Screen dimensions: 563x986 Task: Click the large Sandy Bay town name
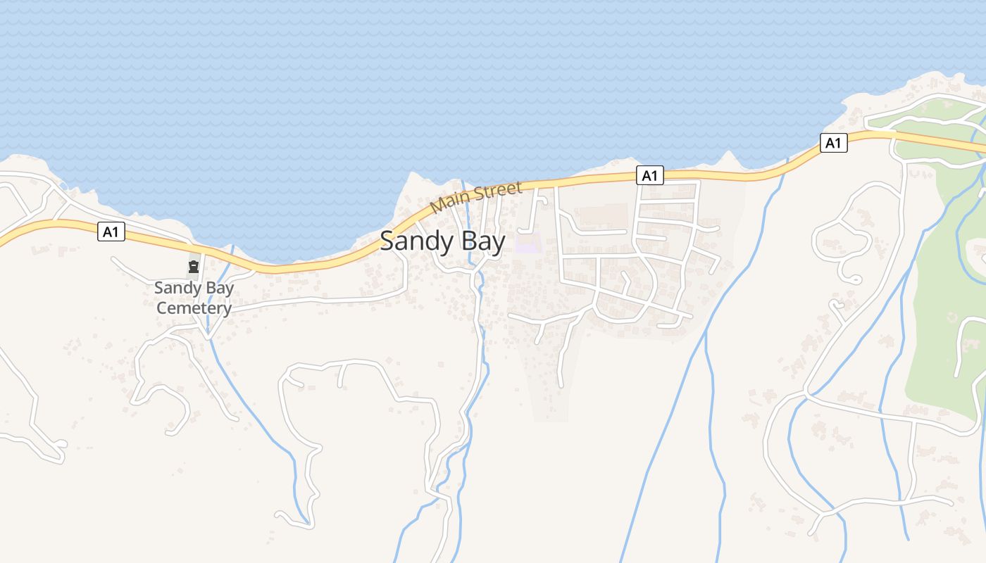tap(442, 241)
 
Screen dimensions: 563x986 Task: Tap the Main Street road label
tap(476, 196)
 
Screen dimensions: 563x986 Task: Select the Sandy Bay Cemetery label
tap(194, 298)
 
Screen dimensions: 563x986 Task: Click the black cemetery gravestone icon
tap(193, 267)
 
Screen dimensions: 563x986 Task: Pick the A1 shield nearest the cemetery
tap(111, 232)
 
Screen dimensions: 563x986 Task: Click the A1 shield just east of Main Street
tap(649, 175)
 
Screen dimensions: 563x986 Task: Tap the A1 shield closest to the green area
tap(832, 144)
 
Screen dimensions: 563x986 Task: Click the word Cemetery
tap(194, 308)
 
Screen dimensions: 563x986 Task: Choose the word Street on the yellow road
tap(497, 191)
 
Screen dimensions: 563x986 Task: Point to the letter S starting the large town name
tap(388, 241)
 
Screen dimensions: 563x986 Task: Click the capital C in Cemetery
tap(161, 308)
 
